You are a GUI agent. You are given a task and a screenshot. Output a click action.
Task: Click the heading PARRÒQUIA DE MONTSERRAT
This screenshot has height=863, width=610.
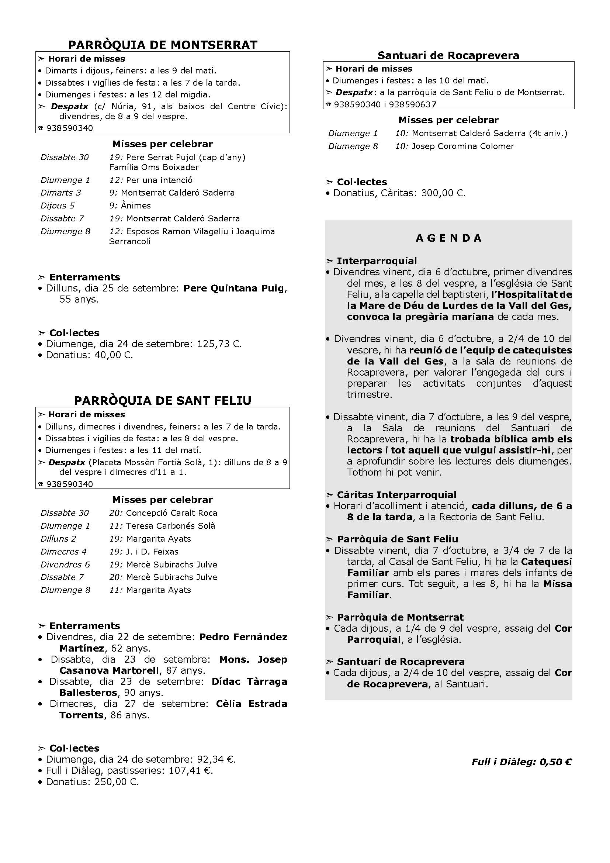click(163, 45)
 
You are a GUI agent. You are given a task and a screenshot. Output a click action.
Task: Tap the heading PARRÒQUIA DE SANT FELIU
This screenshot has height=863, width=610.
click(163, 400)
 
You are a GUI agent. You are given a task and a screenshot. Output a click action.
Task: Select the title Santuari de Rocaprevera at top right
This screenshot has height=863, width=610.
click(448, 56)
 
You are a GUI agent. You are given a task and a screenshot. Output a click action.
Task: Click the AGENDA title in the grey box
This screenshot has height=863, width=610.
click(448, 238)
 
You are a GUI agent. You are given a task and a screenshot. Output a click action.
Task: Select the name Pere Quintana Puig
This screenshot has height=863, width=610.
click(233, 288)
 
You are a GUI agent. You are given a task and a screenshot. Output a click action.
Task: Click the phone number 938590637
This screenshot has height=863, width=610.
click(412, 104)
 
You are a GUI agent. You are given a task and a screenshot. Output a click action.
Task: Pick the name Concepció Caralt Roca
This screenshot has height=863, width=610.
click(171, 513)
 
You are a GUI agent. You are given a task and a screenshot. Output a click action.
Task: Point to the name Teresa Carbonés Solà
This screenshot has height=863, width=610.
click(170, 526)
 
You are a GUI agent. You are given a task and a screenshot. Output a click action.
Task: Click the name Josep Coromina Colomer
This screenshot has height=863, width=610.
click(463, 146)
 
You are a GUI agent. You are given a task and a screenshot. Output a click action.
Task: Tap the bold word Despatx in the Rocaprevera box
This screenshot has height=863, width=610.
click(354, 93)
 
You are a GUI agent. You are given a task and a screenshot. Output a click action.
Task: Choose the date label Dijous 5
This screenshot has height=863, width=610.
click(58, 206)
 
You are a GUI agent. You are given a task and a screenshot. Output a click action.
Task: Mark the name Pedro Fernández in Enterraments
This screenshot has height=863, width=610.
click(243, 637)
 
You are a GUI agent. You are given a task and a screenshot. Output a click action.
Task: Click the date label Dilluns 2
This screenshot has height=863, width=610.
click(58, 539)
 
